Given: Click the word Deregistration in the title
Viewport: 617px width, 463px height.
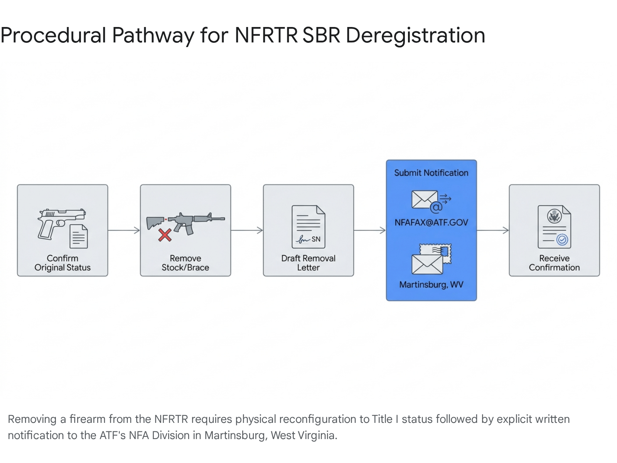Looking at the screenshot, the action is [x=415, y=36].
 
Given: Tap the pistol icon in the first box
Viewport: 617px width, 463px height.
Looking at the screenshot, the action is [x=61, y=224].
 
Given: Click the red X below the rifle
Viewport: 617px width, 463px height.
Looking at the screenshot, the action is [x=165, y=235].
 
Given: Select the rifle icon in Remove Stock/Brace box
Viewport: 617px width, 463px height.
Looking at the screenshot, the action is [x=185, y=223].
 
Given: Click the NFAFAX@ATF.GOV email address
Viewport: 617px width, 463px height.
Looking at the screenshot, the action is [x=431, y=223].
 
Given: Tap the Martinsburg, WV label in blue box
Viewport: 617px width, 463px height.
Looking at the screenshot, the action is [x=431, y=285].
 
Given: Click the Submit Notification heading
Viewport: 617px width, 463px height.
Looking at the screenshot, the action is [x=431, y=173].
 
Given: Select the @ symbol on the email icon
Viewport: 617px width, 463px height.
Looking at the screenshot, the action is [x=436, y=208].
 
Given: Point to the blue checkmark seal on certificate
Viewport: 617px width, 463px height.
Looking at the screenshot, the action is [x=562, y=240].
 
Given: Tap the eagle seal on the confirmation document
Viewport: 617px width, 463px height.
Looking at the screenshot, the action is [x=554, y=216].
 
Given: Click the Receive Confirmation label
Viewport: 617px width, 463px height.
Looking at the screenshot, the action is [x=554, y=263].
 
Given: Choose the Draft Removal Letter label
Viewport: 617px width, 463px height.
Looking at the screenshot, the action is [x=308, y=263].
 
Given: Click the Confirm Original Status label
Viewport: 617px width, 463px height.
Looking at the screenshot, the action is [x=62, y=263].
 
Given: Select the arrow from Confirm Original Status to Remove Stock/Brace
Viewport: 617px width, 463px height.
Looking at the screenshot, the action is [x=124, y=230].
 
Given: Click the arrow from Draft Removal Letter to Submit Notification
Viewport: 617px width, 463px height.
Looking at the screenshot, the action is [x=370, y=230].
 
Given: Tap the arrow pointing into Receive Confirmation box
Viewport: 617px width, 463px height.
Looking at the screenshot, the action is [x=493, y=230].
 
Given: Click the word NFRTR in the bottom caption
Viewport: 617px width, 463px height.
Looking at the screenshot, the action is [x=171, y=419].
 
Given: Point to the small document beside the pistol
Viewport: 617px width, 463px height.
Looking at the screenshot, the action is [x=78, y=237].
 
